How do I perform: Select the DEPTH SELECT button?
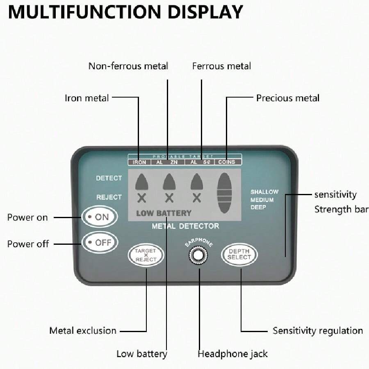[x=239, y=255]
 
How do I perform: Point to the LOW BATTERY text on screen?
[x=164, y=213]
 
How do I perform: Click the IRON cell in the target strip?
[x=139, y=162]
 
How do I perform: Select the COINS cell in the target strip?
[x=226, y=162]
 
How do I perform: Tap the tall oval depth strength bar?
[x=224, y=192]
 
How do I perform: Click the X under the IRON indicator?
[x=141, y=198]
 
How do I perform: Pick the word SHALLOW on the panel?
[x=264, y=192]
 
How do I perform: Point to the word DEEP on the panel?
[x=258, y=207]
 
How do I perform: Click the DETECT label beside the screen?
[x=109, y=178]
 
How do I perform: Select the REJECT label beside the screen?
[x=109, y=197]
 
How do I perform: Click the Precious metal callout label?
[x=287, y=98]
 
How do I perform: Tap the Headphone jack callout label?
[x=232, y=353]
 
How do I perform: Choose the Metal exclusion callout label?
[x=82, y=330]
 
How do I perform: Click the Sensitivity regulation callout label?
[x=317, y=330]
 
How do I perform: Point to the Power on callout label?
[x=27, y=217]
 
